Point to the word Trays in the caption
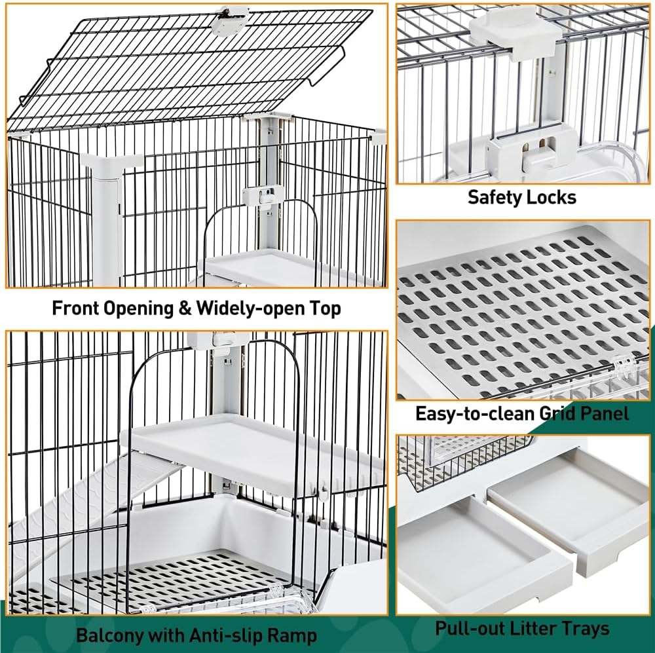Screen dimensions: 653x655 coord(585,629)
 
